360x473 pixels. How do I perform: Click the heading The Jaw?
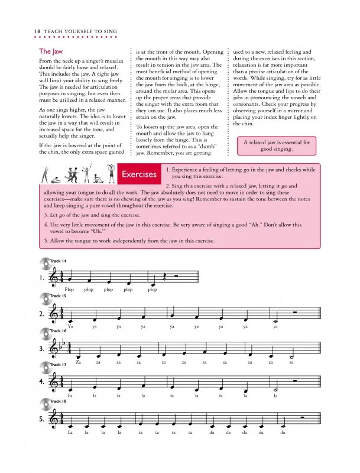pos(51,51)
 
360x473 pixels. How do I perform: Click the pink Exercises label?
pos(140,174)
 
